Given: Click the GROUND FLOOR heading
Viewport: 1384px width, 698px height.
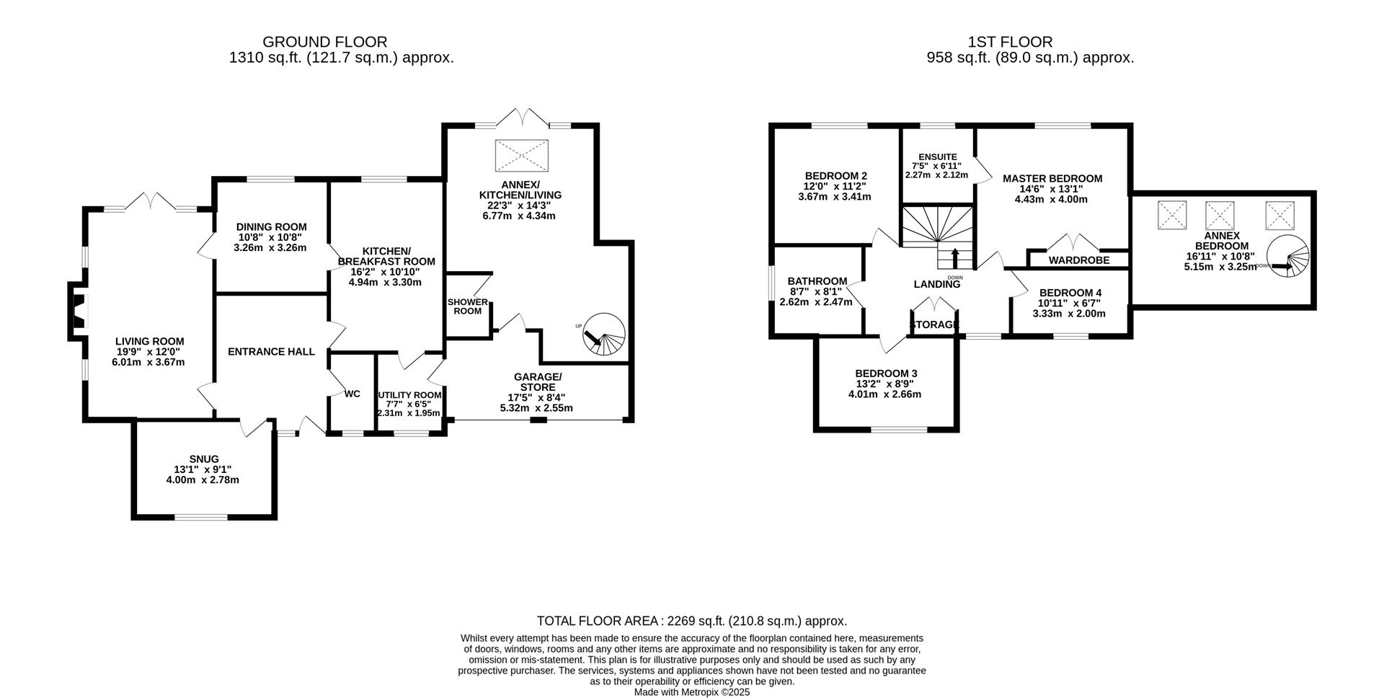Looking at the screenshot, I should pos(324,42).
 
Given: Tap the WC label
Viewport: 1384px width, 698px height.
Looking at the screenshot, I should pos(352,394).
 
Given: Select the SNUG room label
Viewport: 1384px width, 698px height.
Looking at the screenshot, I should pos(203,459).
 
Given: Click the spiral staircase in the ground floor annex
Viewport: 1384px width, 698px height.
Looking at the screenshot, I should pos(604,335).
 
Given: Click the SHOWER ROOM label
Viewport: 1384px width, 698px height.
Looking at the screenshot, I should pos(468,306).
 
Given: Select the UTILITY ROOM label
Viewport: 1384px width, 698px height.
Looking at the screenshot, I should pos(409,395).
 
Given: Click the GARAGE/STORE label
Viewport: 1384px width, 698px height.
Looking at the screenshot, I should pos(537,381).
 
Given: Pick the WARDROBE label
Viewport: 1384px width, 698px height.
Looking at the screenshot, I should pos(1078,260).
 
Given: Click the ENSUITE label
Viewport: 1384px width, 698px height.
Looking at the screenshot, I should pos(937,156).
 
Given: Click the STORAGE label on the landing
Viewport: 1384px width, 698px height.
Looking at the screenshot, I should pos(935,324).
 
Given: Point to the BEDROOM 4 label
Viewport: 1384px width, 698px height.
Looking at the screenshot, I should pos(1070,292).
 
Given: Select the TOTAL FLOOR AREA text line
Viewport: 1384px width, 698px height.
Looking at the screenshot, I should pos(691,621).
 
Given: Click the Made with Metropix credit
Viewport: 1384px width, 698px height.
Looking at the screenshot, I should pos(691,692).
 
